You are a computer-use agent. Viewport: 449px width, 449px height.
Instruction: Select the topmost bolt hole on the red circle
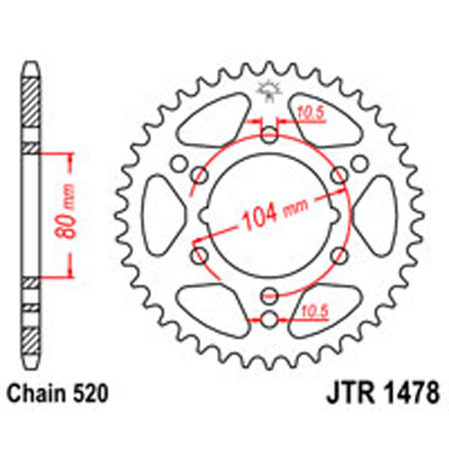(269, 135)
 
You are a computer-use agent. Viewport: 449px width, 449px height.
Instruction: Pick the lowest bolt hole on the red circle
(269, 293)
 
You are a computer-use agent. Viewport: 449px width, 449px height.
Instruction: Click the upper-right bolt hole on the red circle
(340, 175)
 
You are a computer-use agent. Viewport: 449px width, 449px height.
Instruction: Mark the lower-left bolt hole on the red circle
(200, 255)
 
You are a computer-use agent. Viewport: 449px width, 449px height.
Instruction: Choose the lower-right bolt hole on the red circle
(339, 254)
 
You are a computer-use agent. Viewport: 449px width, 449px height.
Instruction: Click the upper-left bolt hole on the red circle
(200, 175)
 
